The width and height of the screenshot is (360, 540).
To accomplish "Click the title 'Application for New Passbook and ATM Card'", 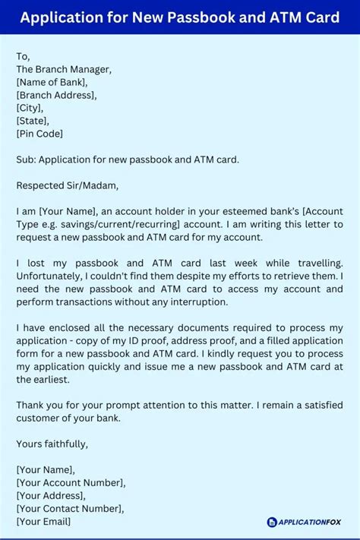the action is (x=180, y=17).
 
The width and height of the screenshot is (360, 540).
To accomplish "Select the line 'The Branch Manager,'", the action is (x=64, y=69).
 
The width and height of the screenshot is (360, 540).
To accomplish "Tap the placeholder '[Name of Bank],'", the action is (x=52, y=82).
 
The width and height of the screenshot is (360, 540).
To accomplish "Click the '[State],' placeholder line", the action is (x=34, y=121).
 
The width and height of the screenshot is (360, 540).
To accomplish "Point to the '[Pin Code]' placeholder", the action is (x=39, y=134).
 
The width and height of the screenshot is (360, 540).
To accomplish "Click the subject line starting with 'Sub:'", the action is (x=128, y=159).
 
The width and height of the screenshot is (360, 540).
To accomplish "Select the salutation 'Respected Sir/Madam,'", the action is (x=68, y=185).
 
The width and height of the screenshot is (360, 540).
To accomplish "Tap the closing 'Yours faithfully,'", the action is (x=52, y=444).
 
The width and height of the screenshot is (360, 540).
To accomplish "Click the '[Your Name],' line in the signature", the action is (x=46, y=469).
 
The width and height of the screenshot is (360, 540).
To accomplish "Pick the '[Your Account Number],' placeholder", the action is (x=71, y=482).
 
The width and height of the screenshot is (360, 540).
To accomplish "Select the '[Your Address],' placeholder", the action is (x=52, y=495).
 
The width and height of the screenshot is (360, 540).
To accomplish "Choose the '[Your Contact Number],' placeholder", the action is (x=69, y=508).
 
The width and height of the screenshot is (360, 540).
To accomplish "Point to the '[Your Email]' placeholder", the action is (x=43, y=521).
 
